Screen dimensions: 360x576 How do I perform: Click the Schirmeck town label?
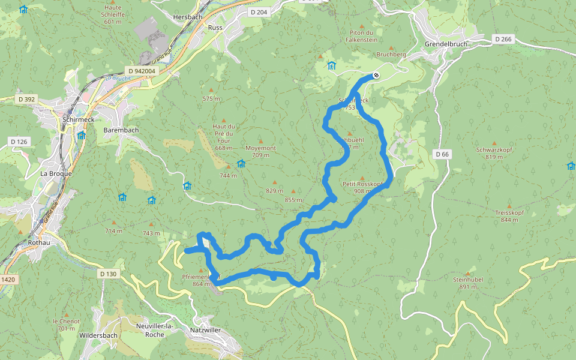pos(76,119)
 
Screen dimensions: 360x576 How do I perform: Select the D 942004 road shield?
pos(142,71)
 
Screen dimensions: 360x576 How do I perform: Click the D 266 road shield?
pos(503,39)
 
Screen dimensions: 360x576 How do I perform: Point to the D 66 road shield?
pos(442,154)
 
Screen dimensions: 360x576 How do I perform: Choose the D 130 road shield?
pos(108,274)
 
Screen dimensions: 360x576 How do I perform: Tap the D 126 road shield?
pos(19,142)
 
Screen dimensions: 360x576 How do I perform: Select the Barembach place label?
pos(121,130)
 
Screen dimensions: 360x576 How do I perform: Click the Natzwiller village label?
pos(205,330)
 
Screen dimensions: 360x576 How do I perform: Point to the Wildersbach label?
pos(98,335)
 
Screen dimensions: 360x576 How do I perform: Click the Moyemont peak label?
pos(260,148)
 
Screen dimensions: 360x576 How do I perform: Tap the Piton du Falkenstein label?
pos(361,36)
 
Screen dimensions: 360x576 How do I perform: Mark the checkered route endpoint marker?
pos(376,75)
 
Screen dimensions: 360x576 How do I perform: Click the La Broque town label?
pos(56,173)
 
